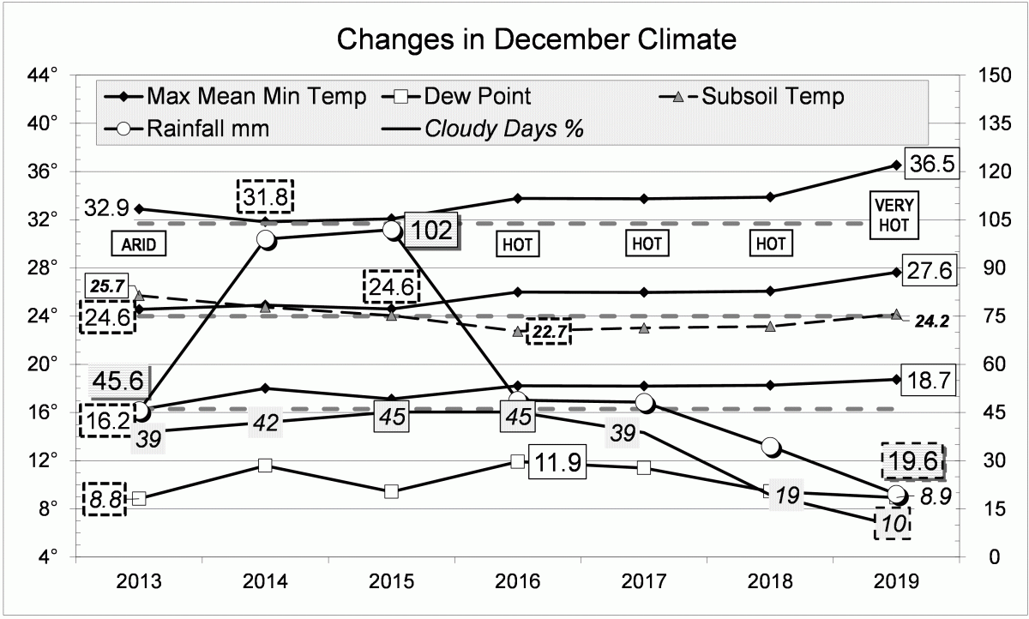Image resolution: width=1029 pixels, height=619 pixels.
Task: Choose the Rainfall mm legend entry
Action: pyautogui.click(x=208, y=129)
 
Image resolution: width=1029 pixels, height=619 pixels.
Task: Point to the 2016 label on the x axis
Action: pyautogui.click(x=518, y=580)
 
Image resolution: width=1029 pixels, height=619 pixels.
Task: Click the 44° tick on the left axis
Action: pyautogui.click(x=43, y=75)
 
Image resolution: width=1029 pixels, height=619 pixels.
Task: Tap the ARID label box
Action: pyautogui.click(x=137, y=244)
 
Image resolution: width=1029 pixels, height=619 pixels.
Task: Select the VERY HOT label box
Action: pyautogui.click(x=894, y=216)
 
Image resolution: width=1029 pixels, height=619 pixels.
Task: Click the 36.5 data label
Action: pyautogui.click(x=930, y=165)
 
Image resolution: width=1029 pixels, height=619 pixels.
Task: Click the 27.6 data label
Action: pyautogui.click(x=930, y=272)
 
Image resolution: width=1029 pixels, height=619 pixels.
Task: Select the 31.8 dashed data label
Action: pyautogui.click(x=265, y=197)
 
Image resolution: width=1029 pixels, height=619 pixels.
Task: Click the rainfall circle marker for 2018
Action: pyautogui.click(x=770, y=446)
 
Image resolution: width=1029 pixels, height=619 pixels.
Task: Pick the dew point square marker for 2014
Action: pyautogui.click(x=265, y=465)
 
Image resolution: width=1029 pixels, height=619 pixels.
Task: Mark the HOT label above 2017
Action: pyautogui.click(x=647, y=243)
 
